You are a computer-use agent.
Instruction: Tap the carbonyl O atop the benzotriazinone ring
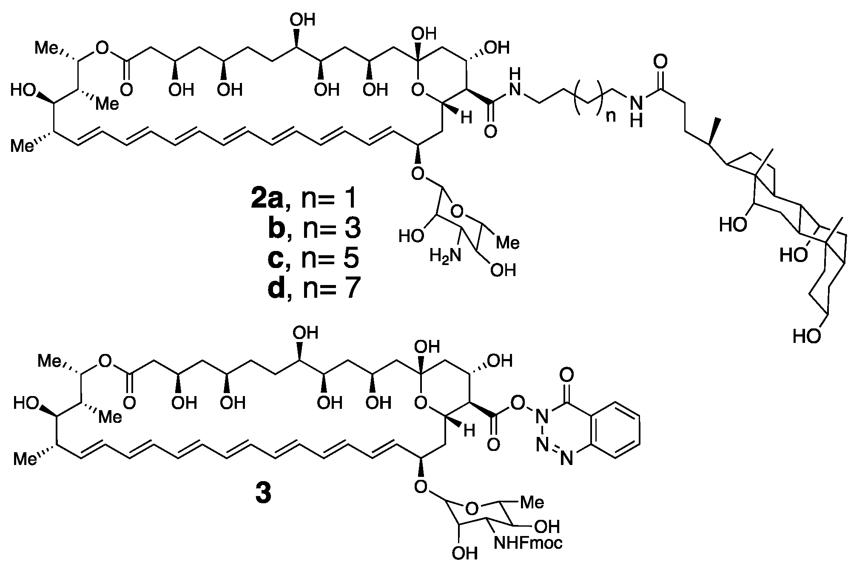click(566, 375)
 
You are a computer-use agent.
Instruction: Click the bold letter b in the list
click(279, 228)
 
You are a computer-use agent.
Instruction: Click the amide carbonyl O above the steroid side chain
click(660, 62)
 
